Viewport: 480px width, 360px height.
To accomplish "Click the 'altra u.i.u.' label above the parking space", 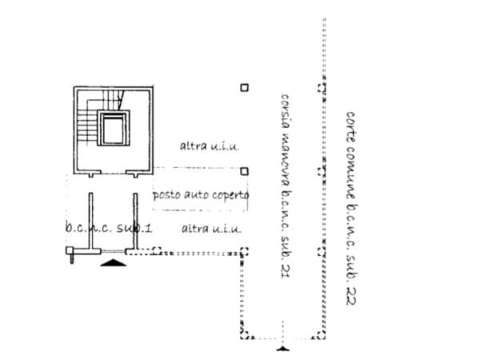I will [x=210, y=146].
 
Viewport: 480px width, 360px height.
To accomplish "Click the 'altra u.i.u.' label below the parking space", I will [x=211, y=229].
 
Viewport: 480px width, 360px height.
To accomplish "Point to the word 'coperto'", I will [x=230, y=194].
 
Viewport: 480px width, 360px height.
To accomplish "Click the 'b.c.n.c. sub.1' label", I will [x=109, y=229].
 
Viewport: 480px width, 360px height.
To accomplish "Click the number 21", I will [x=284, y=271].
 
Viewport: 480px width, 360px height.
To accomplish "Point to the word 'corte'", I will [x=350, y=126].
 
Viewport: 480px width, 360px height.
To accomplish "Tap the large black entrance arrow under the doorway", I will [x=114, y=262].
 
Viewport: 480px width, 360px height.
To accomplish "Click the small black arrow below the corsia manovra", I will [x=282, y=348].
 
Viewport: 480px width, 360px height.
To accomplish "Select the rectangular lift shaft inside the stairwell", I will [x=113, y=128].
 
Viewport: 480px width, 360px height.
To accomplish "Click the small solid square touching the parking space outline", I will [x=244, y=171].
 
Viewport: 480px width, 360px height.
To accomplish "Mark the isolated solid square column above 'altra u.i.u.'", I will [x=244, y=87].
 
